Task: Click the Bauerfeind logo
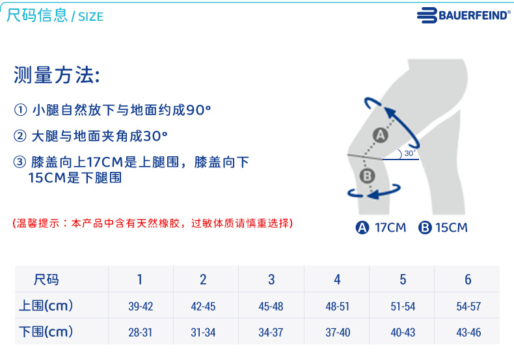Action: (x=463, y=15)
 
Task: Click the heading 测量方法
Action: (x=57, y=75)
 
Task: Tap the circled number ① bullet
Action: (x=20, y=110)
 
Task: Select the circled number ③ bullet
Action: (x=20, y=162)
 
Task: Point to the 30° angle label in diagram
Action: (x=410, y=153)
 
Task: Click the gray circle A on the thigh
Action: (x=380, y=135)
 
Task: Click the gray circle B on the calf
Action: (x=367, y=176)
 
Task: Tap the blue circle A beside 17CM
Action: (x=362, y=228)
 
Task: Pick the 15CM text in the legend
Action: (x=452, y=228)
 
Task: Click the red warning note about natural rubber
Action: (x=153, y=223)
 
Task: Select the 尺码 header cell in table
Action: (x=46, y=280)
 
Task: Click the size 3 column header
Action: (x=271, y=280)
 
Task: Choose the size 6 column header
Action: (x=468, y=280)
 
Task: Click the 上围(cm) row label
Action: (x=46, y=305)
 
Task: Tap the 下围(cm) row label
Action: (x=46, y=331)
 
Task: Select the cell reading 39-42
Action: (x=141, y=306)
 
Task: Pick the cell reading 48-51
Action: (x=337, y=306)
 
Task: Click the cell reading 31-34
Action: (x=203, y=333)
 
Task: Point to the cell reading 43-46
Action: (x=468, y=333)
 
